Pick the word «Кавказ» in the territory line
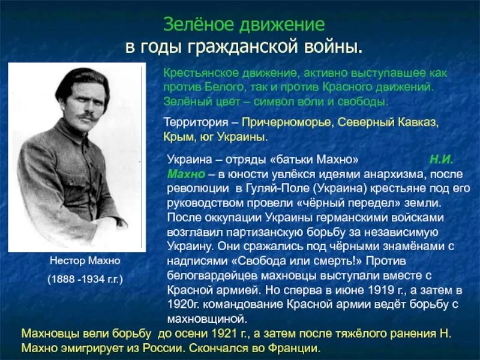[x=418, y=122]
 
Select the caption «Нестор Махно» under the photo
[x=77, y=262]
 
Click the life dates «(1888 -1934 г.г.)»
[x=77, y=280]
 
